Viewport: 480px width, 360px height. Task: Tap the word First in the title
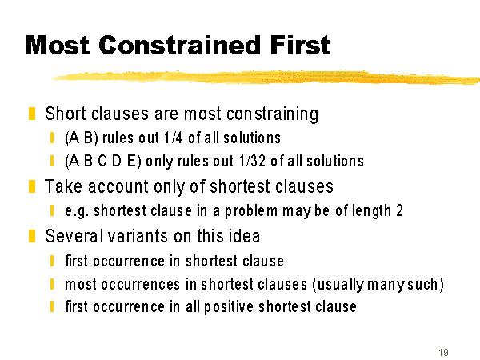point(300,46)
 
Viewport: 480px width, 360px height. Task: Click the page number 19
point(443,352)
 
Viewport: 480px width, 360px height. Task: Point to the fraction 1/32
point(253,161)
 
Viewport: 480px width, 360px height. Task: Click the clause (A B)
point(82,138)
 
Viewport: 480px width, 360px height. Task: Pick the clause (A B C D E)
point(103,162)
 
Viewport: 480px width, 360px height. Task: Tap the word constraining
point(273,114)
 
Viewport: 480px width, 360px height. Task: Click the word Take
point(63,186)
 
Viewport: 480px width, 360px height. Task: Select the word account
point(118,186)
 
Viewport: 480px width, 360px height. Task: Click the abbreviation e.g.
point(77,211)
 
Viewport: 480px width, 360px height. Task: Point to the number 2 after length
point(399,210)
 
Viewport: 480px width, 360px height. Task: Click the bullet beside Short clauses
point(32,114)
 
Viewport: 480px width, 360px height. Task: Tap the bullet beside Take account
point(32,186)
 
